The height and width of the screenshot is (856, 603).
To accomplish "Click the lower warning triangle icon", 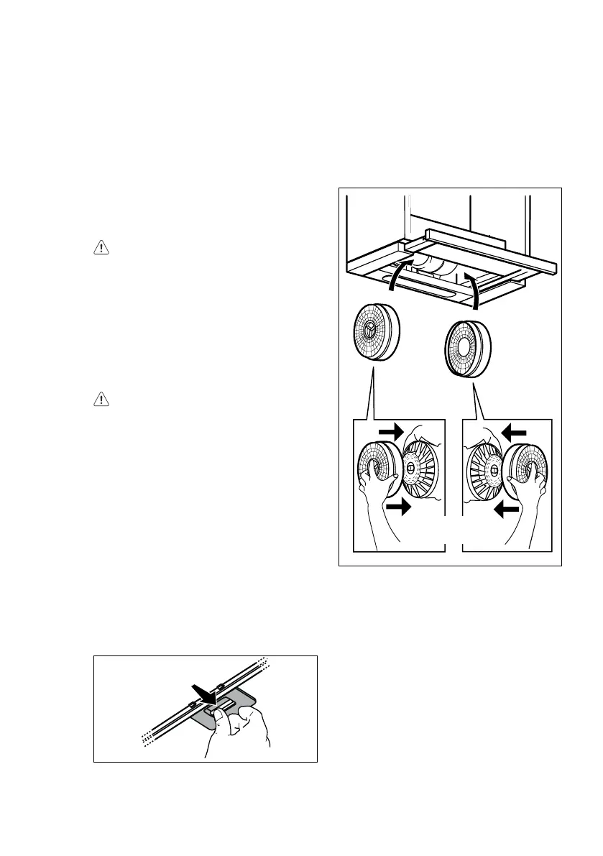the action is coord(102,399).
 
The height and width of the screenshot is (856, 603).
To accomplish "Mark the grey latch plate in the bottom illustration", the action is coord(237,708).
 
